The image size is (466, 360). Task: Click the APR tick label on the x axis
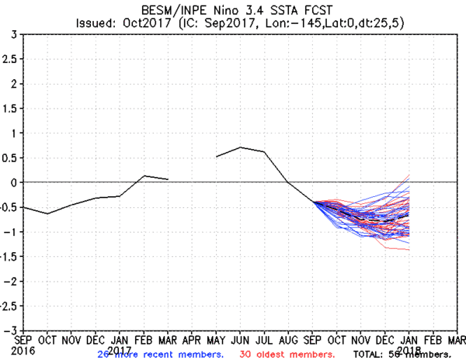(x=192, y=339)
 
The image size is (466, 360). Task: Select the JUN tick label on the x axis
(x=241, y=339)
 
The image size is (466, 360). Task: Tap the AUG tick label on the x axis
(x=290, y=339)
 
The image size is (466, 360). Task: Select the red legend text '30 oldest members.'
(x=285, y=355)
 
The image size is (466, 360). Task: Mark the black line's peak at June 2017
(x=241, y=147)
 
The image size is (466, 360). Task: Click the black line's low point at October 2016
(x=47, y=213)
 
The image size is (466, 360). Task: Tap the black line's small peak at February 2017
(x=144, y=175)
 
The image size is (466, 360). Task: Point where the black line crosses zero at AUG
(x=288, y=182)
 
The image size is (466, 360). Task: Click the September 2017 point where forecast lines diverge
(x=314, y=202)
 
